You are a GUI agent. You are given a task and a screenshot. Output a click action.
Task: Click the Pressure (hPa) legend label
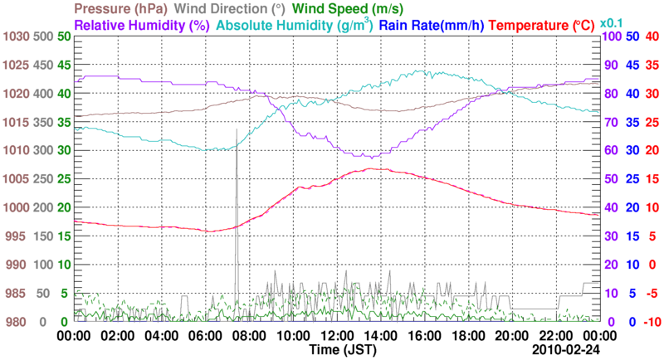pyautogui.click(x=124, y=9)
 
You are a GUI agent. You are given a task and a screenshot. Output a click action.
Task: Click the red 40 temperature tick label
pyautogui.click(x=652, y=36)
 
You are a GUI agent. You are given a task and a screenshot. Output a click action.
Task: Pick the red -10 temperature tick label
pyautogui.click(x=652, y=322)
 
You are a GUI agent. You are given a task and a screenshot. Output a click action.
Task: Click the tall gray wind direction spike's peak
pyautogui.click(x=237, y=130)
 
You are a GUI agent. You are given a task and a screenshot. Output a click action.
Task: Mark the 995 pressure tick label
pyautogui.click(x=17, y=236)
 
